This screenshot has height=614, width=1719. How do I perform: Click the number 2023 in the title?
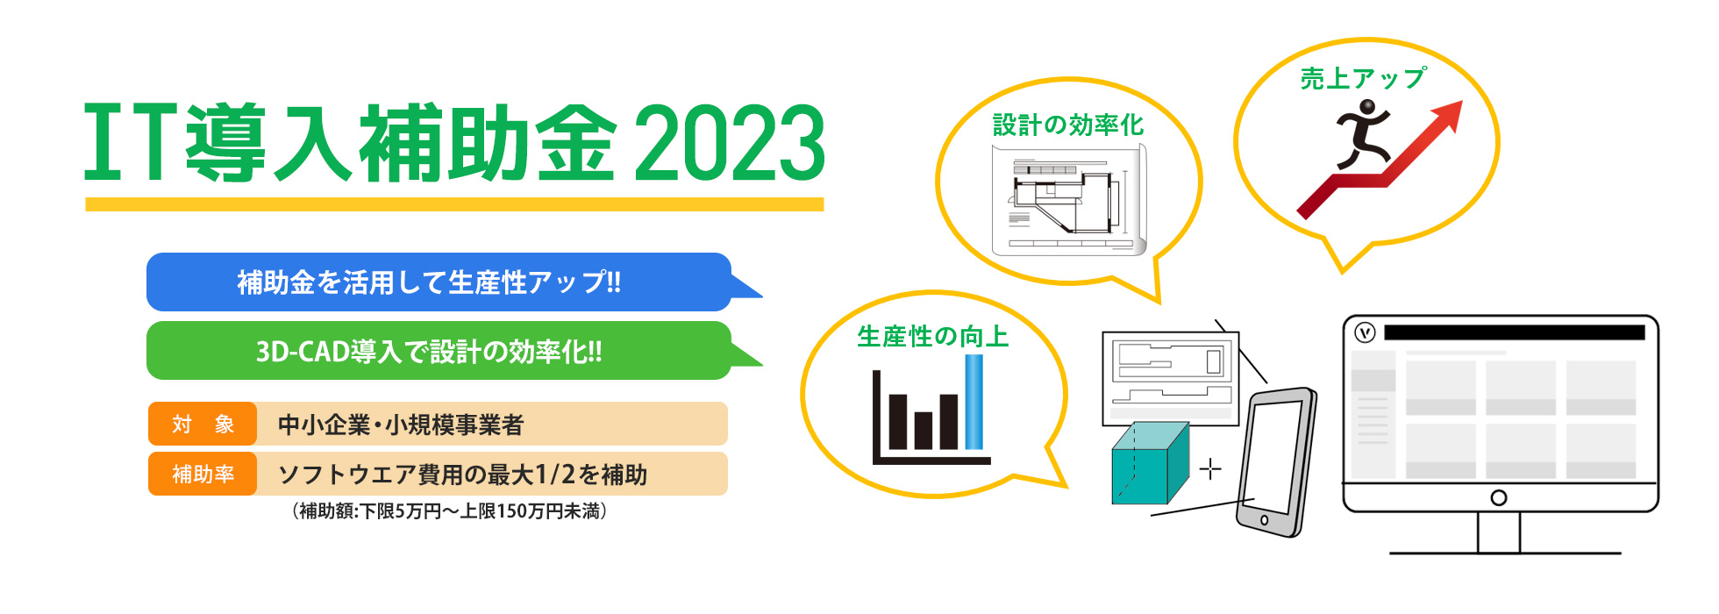730,142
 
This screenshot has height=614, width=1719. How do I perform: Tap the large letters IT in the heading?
131,142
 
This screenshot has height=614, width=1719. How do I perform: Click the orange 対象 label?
203,425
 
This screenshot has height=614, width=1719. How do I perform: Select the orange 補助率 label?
203,475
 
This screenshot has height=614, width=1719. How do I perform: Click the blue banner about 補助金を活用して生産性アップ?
439,282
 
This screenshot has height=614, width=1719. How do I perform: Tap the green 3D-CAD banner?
439,351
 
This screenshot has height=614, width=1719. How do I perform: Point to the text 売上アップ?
1363,79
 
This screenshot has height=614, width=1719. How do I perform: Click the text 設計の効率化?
1068,125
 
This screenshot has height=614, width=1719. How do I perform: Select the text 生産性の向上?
932,337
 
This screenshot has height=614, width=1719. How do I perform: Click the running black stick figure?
1363,133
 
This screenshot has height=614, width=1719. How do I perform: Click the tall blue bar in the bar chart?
974,402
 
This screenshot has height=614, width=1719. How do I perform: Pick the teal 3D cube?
1150,463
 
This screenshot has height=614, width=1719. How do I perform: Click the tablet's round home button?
1264,520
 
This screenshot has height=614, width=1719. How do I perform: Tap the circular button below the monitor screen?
1499,498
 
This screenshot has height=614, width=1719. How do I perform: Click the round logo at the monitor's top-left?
1365,333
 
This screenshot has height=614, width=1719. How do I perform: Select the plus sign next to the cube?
1210,469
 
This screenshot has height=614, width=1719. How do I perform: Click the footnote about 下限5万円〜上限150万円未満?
449,511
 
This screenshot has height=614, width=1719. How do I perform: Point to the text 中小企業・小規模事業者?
401,425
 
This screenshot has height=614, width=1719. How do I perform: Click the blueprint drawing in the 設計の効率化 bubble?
1069,200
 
